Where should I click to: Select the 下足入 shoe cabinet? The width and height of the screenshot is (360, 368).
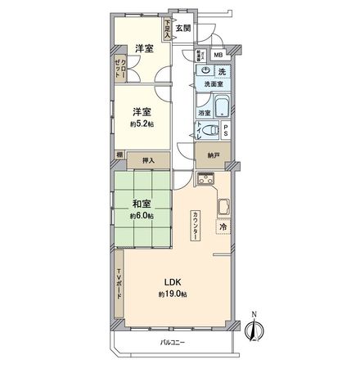169,30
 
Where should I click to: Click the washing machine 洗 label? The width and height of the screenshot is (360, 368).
223,71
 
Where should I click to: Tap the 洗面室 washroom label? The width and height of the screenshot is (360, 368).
214,84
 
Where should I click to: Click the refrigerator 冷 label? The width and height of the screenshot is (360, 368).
223,227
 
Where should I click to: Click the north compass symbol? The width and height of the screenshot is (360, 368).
254,328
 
